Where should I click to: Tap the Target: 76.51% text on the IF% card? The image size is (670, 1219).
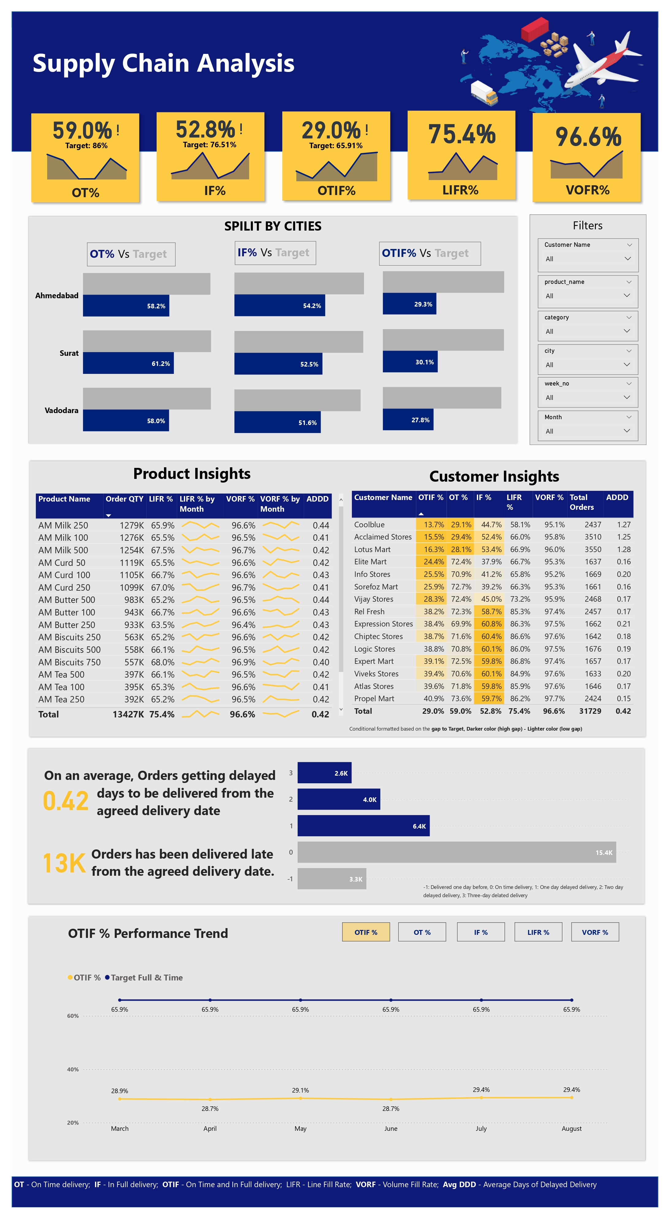click(209, 145)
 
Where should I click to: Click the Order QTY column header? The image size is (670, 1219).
click(124, 499)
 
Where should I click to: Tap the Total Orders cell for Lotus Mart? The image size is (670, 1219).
click(592, 549)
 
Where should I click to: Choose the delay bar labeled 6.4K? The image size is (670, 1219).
click(363, 826)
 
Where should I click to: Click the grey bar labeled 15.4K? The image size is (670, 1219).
click(456, 852)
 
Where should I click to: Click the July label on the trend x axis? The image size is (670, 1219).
click(481, 1129)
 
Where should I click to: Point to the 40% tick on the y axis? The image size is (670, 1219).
click(73, 1070)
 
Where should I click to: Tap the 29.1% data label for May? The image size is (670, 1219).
click(300, 1090)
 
